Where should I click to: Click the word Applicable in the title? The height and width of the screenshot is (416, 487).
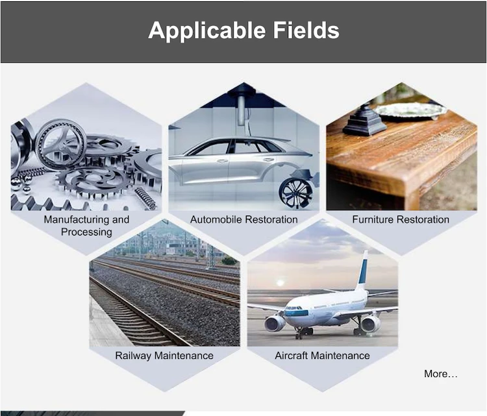[x=207, y=31]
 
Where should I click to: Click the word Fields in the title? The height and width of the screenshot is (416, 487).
[x=306, y=30]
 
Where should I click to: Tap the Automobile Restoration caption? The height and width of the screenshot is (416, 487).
[x=243, y=219]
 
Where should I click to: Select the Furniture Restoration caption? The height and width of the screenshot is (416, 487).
[x=401, y=219]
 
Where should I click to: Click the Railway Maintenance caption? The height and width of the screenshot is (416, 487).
[x=164, y=356]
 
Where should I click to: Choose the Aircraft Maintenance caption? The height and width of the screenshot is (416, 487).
[x=322, y=356]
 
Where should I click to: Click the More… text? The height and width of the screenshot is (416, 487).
[x=441, y=374]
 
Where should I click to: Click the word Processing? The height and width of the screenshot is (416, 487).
[x=86, y=232]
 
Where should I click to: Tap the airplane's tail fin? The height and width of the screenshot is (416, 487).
[x=363, y=271]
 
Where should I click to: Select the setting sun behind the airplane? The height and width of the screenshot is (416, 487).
[x=280, y=283]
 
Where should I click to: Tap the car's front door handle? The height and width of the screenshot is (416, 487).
[x=222, y=160]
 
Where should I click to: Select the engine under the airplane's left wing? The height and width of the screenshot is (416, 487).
[x=275, y=323]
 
